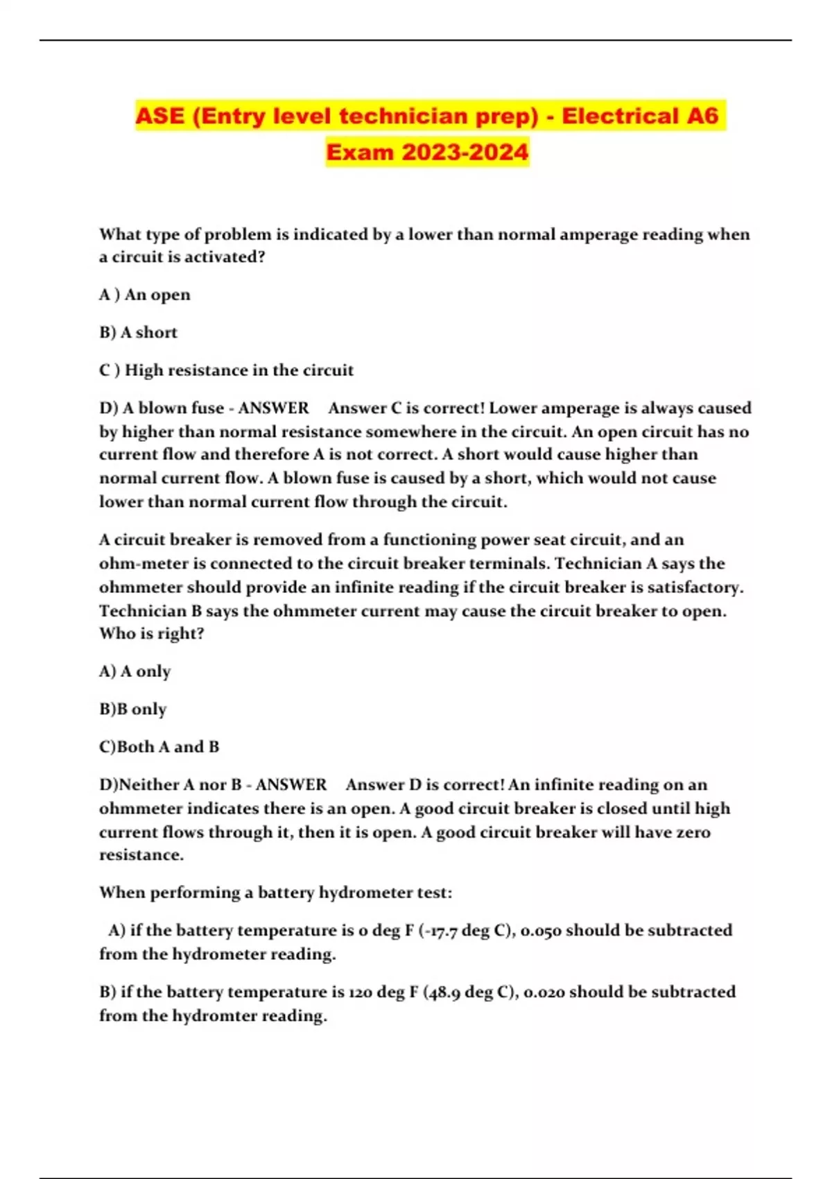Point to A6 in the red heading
(702, 115)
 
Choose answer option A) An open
(144, 295)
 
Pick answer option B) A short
(138, 333)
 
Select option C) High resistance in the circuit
(226, 370)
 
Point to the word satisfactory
(695, 587)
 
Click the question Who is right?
(151, 634)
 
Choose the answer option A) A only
(135, 671)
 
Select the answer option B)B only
(132, 709)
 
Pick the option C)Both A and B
(159, 747)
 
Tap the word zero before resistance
(693, 832)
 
